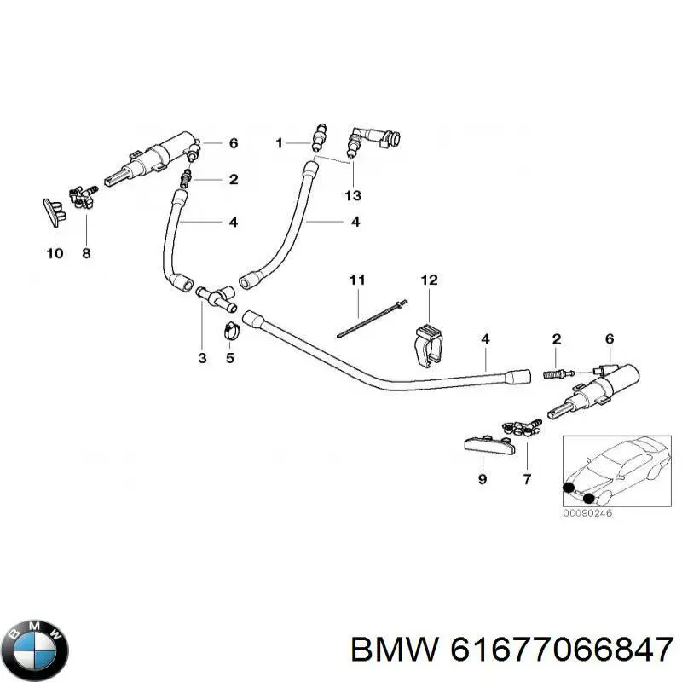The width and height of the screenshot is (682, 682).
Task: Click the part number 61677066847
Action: (562, 650)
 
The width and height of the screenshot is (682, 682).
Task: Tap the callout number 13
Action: (353, 195)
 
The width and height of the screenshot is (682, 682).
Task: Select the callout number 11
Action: (357, 280)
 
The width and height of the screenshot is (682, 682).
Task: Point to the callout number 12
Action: (429, 280)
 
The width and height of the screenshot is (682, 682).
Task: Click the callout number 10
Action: (55, 253)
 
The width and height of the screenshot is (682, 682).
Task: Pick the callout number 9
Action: (483, 479)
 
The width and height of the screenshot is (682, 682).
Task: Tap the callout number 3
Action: (202, 358)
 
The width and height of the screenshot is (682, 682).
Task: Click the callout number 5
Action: (230, 358)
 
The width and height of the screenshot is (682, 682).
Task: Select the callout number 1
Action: (280, 142)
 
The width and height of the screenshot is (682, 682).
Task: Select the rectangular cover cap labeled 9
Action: (489, 445)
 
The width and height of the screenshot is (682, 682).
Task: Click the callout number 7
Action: (527, 479)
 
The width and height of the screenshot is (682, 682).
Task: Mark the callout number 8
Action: (86, 253)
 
